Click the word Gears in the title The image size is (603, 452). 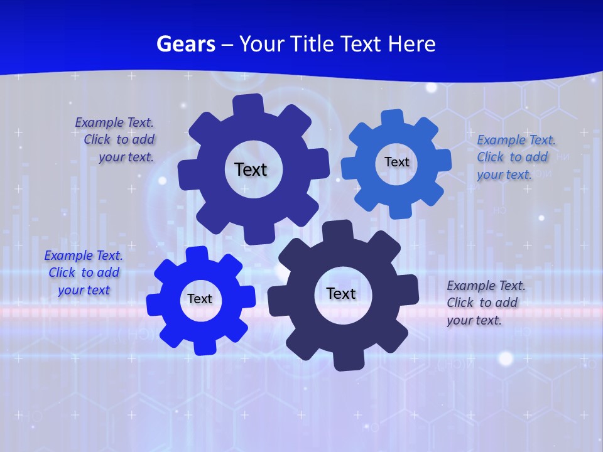pyautogui.click(x=185, y=44)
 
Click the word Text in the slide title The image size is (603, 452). pyautogui.click(x=362, y=44)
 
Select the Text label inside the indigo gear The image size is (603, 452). pyautogui.click(x=251, y=169)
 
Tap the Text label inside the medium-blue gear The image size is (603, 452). pyautogui.click(x=396, y=162)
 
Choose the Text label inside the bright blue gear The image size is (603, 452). pyautogui.click(x=200, y=299)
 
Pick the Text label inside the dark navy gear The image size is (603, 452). pyautogui.click(x=341, y=293)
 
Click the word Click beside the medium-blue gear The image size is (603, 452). pyautogui.click(x=492, y=157)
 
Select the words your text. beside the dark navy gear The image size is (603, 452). pyautogui.click(x=474, y=320)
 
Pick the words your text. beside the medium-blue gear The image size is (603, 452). pyautogui.click(x=504, y=175)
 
